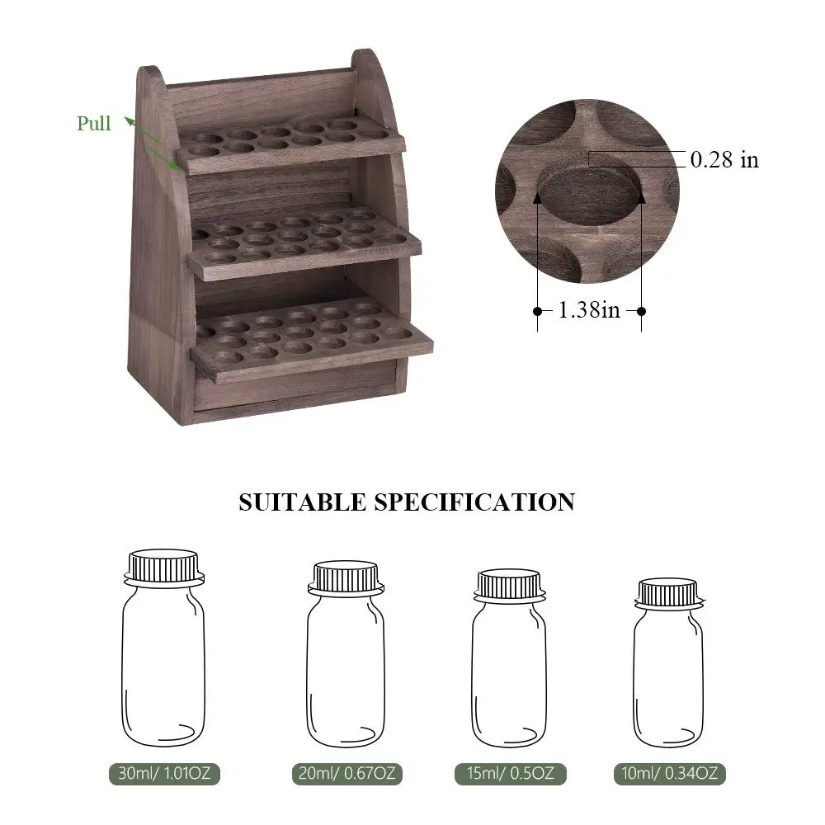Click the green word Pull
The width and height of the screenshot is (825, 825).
pyautogui.click(x=94, y=124)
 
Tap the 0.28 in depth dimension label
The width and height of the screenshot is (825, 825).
pyautogui.click(x=724, y=159)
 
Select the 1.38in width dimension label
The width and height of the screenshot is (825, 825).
pyautogui.click(x=589, y=310)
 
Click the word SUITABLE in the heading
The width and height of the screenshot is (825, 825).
pyautogui.click(x=302, y=502)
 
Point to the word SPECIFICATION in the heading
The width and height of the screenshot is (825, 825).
pyautogui.click(x=474, y=502)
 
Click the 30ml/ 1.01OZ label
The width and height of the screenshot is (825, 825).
pyautogui.click(x=164, y=774)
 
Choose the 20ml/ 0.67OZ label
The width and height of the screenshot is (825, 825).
pyautogui.click(x=346, y=774)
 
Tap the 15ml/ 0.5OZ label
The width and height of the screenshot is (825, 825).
pyautogui.click(x=511, y=774)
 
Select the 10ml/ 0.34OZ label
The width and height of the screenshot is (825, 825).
pyautogui.click(x=669, y=774)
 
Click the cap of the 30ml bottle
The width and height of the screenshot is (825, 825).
pyautogui.click(x=164, y=566)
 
